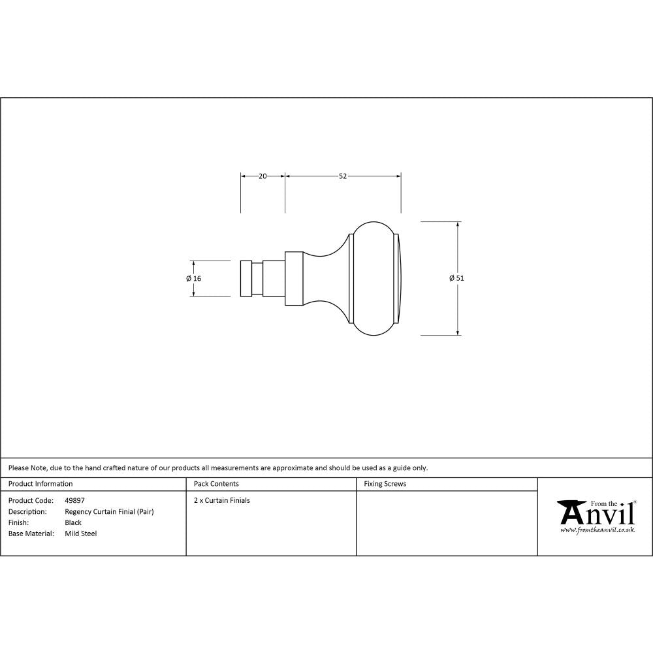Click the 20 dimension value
pyautogui.click(x=263, y=176)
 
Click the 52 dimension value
pyautogui.click(x=342, y=176)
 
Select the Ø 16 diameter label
pyautogui.click(x=193, y=278)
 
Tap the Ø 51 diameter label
pyautogui.click(x=456, y=278)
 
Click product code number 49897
pyautogui.click(x=74, y=501)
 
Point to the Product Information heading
pyautogui.click(x=40, y=484)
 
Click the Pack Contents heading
pyautogui.click(x=216, y=484)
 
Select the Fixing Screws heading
pyautogui.click(x=385, y=484)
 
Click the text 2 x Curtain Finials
pyautogui.click(x=222, y=501)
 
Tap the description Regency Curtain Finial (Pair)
pyautogui.click(x=109, y=512)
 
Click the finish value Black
pyautogui.click(x=73, y=522)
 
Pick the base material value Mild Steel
pyautogui.click(x=81, y=534)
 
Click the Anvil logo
pyautogui.click(x=596, y=513)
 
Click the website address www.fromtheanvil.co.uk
pyautogui.click(x=597, y=530)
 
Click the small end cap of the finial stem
pyautogui.click(x=246, y=278)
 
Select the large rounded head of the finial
pyautogui.click(x=374, y=278)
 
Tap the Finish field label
pyautogui.click(x=18, y=522)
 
